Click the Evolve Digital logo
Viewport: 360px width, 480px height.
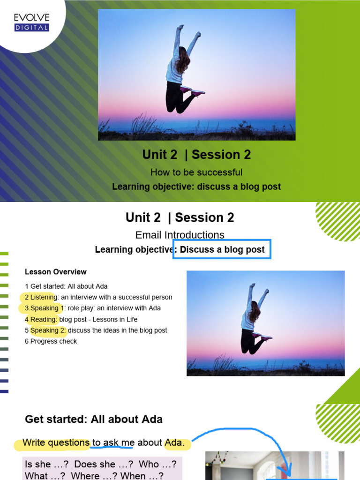31,22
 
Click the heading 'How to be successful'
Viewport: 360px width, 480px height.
196,172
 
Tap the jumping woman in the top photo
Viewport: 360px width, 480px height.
180,70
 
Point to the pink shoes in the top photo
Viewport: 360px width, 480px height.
193,91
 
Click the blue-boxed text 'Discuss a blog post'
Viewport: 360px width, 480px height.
222,250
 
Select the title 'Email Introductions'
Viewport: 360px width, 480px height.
180,235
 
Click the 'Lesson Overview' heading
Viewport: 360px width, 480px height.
56,272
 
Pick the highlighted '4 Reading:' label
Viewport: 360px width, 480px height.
41,320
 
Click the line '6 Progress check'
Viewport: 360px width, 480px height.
51,341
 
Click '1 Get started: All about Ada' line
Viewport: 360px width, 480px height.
66,286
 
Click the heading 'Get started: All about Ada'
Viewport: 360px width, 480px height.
94,420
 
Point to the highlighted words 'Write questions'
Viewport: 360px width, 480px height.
56,442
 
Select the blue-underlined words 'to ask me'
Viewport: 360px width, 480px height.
113,442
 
